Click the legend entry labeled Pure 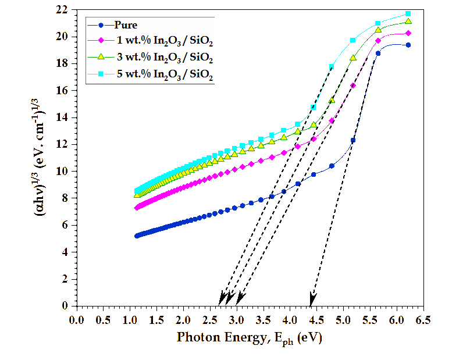pos(126,26)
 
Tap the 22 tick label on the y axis pos(62,10)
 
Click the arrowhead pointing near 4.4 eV pos(313,299)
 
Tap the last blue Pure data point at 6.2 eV pos(408,45)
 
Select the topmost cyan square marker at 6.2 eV pos(408,13)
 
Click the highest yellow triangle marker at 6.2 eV pos(408,22)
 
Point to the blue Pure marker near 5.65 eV pos(378,53)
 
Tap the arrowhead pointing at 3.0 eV pos(239,298)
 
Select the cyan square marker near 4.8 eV pos(332,67)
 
